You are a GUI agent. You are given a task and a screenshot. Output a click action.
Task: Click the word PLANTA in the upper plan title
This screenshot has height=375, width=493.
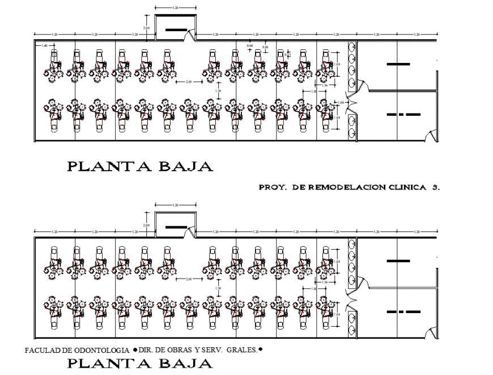click(102, 167)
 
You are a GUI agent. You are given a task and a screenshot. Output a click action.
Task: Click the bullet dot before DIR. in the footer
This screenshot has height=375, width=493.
click(135, 349)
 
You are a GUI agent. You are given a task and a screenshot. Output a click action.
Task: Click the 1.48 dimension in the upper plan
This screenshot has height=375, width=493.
click(44, 45)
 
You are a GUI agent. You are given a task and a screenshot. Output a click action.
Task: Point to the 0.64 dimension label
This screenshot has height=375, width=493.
click(250, 45)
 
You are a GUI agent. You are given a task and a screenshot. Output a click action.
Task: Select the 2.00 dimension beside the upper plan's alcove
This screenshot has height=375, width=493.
click(146, 28)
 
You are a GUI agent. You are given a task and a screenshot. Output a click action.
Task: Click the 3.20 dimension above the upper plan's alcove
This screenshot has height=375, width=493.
click(175, 9)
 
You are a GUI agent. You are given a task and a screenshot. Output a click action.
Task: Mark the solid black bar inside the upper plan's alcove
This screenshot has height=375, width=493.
click(175, 30)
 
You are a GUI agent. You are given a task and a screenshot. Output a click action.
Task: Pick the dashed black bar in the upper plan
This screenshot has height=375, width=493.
click(403, 115)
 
